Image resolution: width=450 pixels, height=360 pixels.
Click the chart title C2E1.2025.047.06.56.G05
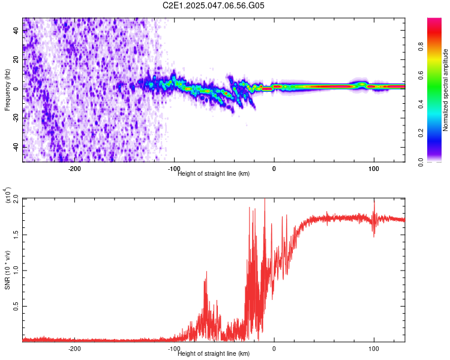point(214,5)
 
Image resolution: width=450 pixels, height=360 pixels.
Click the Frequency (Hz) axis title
point(7,89)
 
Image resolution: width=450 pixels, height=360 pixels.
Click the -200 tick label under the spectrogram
point(74,168)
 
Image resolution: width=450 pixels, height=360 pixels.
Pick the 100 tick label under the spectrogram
point(374,168)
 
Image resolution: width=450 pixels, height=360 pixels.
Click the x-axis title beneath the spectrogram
point(214,173)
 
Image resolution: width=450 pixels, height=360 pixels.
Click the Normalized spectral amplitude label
point(446,89)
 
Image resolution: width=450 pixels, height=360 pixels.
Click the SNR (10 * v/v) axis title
point(7,269)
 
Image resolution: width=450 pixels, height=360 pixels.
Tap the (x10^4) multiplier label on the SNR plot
point(9,194)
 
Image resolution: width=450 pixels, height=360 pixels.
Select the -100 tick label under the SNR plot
point(174,348)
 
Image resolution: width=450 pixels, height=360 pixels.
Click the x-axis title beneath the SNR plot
point(214,353)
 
